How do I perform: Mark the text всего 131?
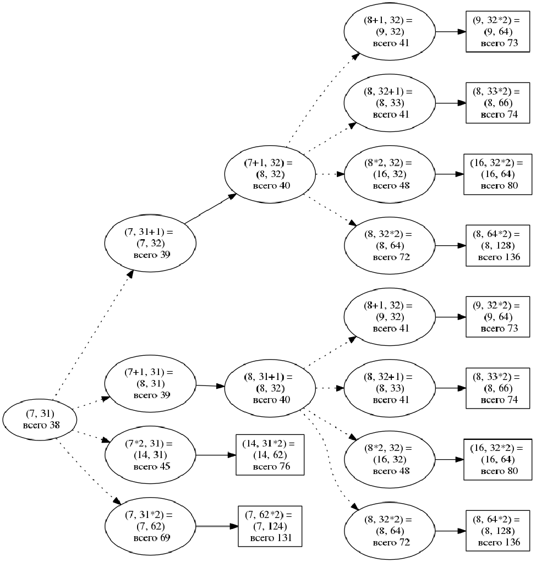point(270,538)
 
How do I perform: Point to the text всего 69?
point(151,537)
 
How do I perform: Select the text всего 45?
point(151,466)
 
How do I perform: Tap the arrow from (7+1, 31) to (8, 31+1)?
point(211,386)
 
